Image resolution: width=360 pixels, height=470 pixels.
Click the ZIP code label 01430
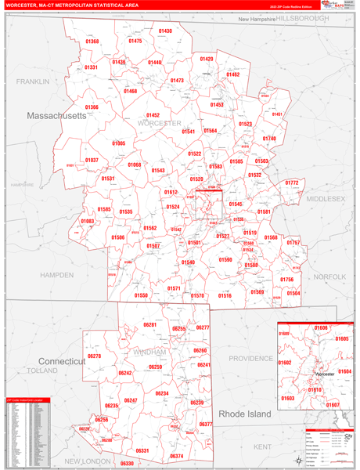point(165,31)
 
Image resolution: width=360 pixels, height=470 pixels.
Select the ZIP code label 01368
point(92,42)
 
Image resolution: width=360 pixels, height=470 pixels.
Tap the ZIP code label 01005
point(118,143)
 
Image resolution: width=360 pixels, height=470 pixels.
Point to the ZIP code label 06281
point(150,324)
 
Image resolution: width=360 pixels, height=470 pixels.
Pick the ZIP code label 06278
point(95,356)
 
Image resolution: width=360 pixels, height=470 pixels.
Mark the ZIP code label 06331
point(142,450)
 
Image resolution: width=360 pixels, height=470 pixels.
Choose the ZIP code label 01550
point(141,295)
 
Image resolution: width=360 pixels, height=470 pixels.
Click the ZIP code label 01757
point(293,243)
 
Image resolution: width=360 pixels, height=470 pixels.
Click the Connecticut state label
point(61,361)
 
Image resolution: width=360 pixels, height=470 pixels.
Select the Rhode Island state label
point(244,413)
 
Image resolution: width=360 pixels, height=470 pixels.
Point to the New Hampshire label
point(257,19)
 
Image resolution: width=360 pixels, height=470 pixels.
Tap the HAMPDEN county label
point(56,276)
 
